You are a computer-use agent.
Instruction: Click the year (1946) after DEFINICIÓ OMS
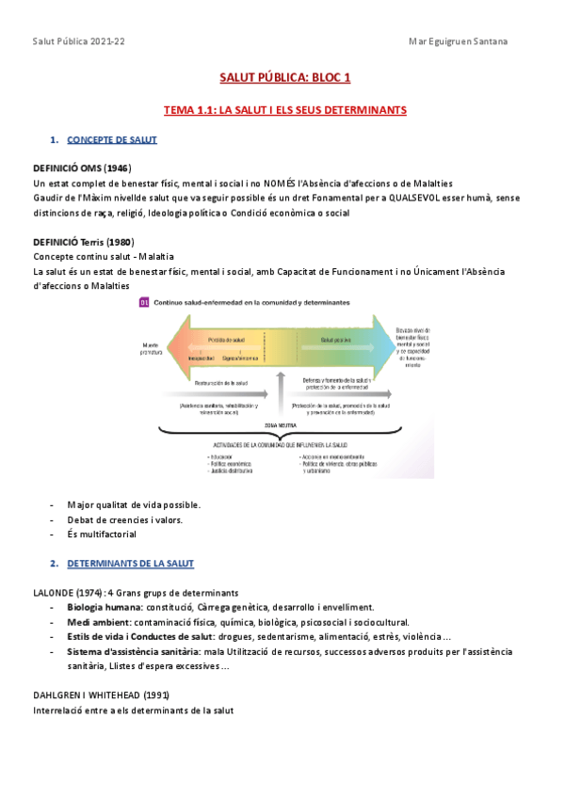[x=112, y=168]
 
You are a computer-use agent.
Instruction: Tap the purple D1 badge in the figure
[x=144, y=303]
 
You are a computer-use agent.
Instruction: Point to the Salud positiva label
[x=336, y=339]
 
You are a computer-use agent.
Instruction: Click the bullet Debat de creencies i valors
[x=124, y=519]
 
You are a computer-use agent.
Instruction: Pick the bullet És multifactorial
[x=102, y=535]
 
